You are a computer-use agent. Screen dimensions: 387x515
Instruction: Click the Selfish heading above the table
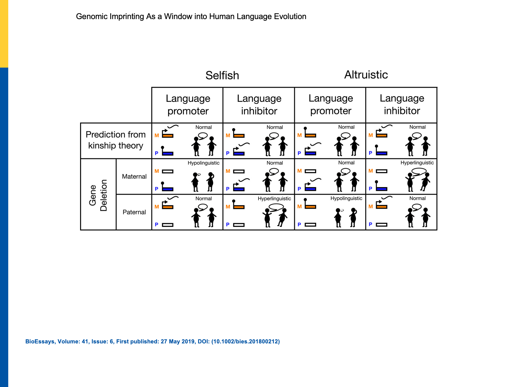coord(222,75)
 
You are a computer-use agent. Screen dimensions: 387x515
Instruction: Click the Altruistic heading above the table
coord(366,75)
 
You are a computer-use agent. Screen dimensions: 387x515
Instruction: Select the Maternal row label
coord(134,176)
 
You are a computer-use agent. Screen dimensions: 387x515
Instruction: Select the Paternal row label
coord(134,212)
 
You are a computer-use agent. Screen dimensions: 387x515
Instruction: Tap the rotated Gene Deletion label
coord(98,195)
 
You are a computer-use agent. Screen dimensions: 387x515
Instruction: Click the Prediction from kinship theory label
coord(116,140)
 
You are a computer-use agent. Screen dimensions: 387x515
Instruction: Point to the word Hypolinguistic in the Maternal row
coord(203,163)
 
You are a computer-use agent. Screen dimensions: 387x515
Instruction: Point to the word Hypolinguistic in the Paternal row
coord(346,198)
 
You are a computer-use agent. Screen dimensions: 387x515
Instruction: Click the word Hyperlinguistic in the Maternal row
coord(417,163)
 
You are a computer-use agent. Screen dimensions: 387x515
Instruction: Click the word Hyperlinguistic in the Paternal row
coord(274,198)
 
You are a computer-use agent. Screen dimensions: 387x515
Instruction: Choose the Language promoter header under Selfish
coord(188,105)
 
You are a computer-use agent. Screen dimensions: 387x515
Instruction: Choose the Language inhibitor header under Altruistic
coord(402,105)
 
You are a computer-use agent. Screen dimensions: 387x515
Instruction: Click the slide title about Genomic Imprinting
coord(191,17)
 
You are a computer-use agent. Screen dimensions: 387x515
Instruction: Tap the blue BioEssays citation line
coord(152,342)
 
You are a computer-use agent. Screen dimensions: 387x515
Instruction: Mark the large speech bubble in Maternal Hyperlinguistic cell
coord(419,171)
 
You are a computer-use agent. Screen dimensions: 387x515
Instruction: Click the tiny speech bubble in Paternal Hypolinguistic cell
coord(342,211)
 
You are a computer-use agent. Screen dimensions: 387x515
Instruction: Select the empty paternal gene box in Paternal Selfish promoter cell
coord(168,225)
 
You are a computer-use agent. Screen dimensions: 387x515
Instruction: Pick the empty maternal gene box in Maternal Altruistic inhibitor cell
coord(382,171)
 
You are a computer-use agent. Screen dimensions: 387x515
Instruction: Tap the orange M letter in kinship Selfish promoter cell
coord(157,135)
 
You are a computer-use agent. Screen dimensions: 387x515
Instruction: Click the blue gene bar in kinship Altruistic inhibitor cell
coord(382,153)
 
